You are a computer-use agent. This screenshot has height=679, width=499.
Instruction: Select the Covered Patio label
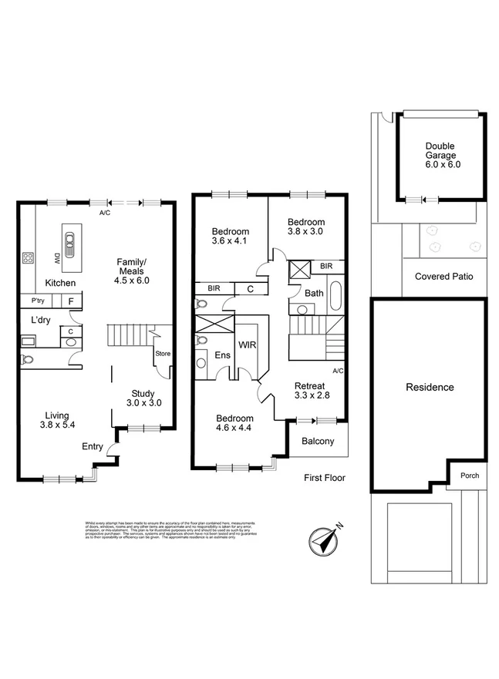click(443, 277)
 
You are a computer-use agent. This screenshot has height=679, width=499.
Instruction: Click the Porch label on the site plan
click(469, 476)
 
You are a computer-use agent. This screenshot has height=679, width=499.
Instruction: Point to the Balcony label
click(317, 442)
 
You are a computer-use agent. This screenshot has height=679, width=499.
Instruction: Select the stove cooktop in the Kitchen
click(29, 259)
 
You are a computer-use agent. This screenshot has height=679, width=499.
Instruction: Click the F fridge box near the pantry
click(71, 301)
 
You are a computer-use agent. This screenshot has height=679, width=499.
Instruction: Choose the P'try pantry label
click(38, 301)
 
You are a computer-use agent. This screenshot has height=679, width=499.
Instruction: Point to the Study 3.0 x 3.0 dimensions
click(144, 402)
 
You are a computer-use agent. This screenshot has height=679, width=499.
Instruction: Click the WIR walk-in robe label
click(246, 345)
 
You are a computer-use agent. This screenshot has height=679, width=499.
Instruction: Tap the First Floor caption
click(324, 478)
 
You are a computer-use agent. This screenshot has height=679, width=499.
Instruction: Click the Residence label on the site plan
click(430, 388)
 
